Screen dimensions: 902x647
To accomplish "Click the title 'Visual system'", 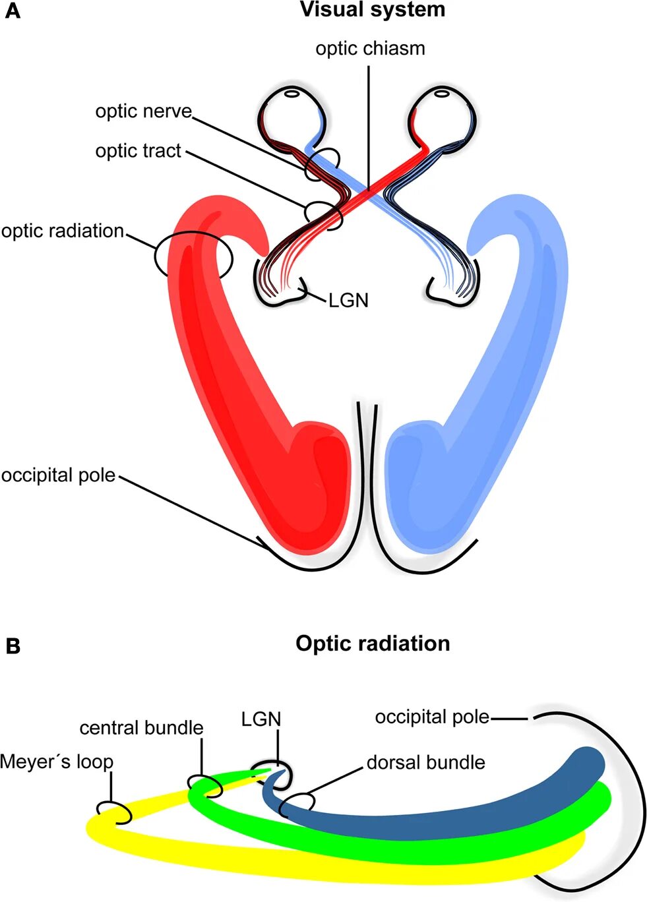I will click(373, 11).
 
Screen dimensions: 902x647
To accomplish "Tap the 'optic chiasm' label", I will click(370, 49).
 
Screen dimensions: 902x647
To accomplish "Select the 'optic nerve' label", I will click(143, 111).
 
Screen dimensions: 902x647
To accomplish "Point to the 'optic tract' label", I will click(138, 151).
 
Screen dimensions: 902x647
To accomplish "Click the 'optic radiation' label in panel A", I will click(63, 231).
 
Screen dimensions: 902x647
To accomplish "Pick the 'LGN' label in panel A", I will click(348, 301).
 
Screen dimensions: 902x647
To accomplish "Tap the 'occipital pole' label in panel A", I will click(59, 475).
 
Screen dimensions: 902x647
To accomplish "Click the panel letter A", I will click(12, 11).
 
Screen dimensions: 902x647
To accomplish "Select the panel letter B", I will click(13, 646).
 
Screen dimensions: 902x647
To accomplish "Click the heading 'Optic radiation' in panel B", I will click(373, 644).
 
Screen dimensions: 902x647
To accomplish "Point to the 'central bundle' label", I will click(141, 728).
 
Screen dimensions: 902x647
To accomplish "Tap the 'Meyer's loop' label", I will click(57, 762).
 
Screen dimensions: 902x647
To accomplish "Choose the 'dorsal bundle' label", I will click(425, 763).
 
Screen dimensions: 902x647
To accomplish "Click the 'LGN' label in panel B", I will click(261, 719).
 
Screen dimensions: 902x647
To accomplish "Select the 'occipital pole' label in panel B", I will click(432, 717).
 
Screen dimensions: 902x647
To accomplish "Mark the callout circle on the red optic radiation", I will click(193, 254).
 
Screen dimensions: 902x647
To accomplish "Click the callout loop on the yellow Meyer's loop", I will click(115, 812).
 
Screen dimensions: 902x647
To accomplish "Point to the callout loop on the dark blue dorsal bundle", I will click(298, 802).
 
